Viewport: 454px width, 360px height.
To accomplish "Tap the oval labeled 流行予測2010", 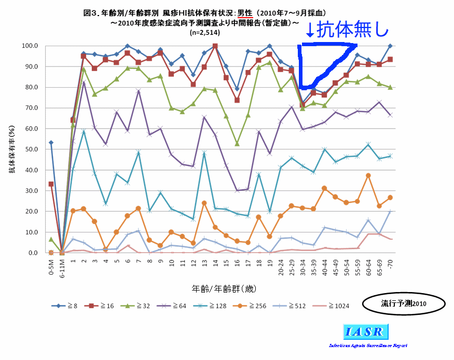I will point(403,303).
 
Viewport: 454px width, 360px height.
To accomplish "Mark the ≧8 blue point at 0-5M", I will point(50,143).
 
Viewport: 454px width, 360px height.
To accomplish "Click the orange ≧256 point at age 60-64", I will point(368,176).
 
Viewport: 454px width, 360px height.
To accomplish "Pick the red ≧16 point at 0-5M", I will point(50,184).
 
